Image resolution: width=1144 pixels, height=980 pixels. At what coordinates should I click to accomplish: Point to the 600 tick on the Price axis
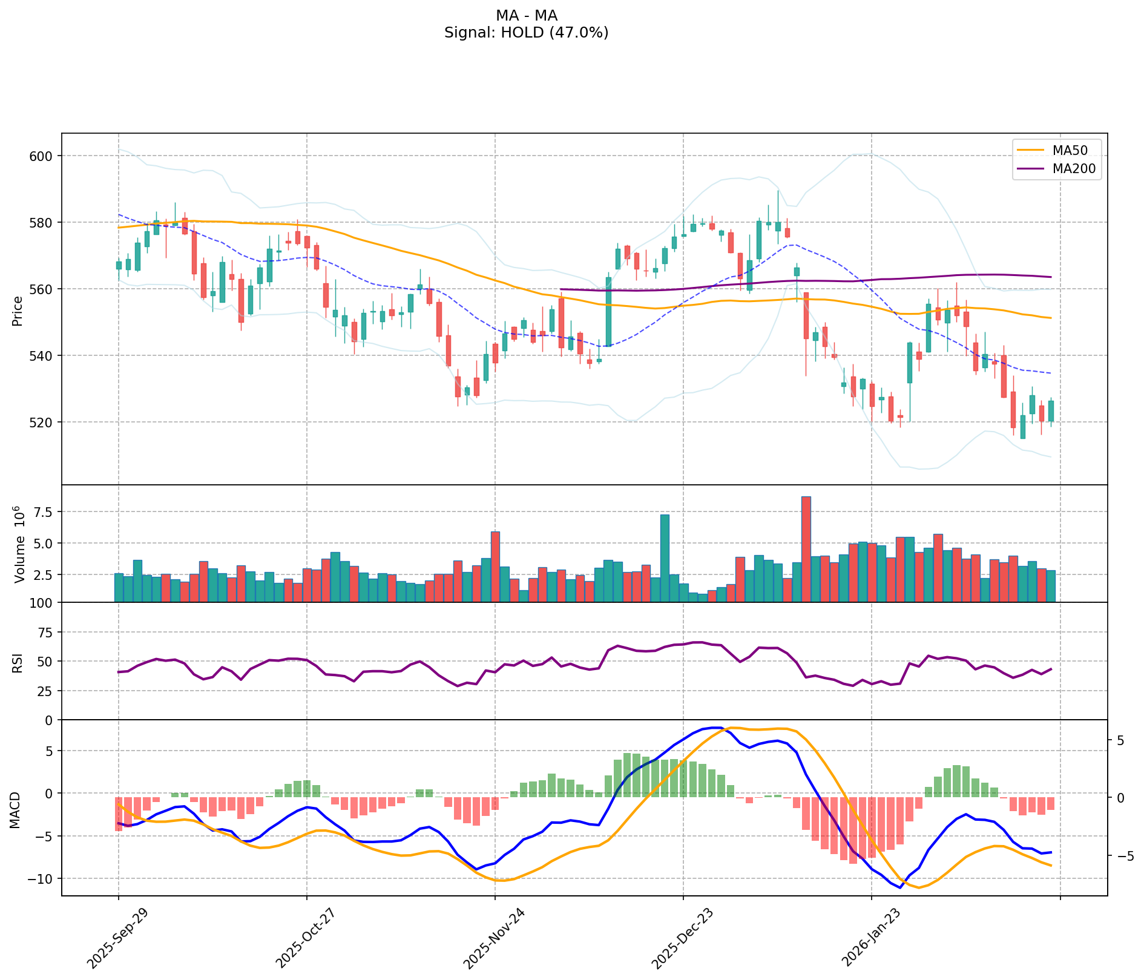[x=42, y=156]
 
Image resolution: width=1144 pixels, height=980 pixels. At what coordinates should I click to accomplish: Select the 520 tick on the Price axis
[x=42, y=422]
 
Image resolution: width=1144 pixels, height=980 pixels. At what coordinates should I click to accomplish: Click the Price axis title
[x=18, y=311]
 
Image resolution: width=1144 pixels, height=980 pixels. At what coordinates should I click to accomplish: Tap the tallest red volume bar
[x=806, y=549]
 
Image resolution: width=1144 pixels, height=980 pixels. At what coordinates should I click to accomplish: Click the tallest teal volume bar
[x=664, y=557]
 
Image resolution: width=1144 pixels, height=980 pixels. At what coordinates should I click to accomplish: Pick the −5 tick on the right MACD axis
[x=1120, y=856]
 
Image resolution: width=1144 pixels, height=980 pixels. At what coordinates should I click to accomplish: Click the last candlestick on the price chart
[x=1051, y=411]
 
